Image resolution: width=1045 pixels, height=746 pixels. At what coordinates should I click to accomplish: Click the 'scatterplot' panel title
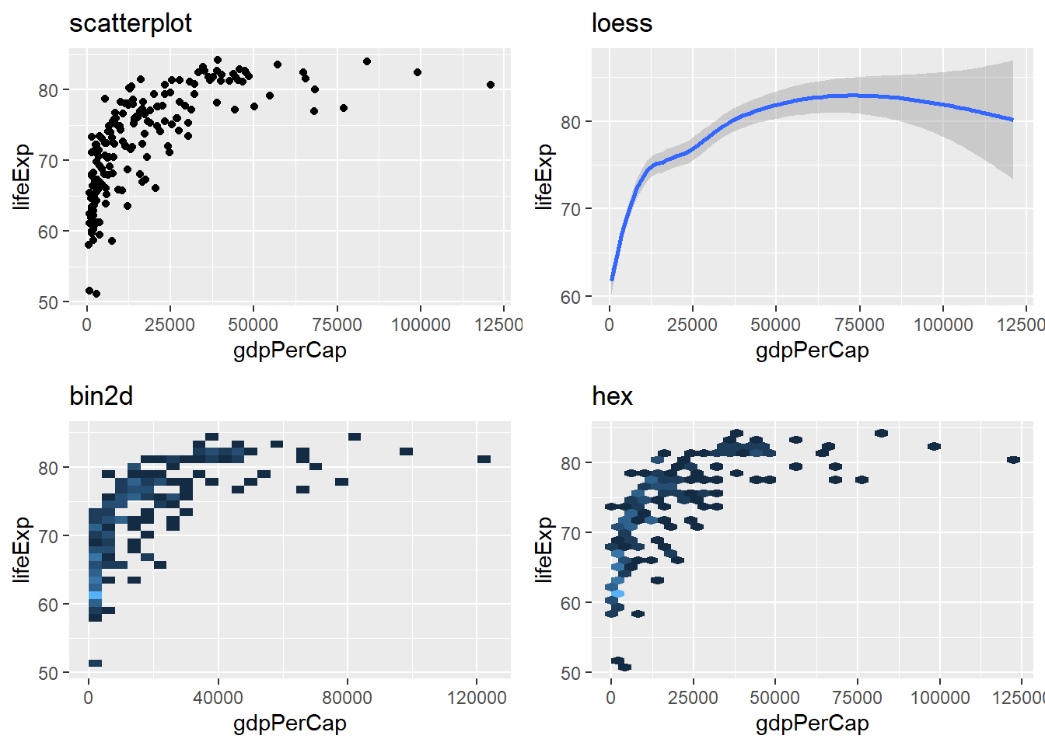click(130, 23)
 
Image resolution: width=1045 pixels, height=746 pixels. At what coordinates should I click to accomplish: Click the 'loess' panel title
click(621, 23)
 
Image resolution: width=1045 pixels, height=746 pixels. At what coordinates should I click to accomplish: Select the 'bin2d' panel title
click(101, 396)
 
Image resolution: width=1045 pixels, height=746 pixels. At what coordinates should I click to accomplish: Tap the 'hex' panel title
click(612, 396)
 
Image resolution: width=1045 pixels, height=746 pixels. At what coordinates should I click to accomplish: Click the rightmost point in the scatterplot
click(491, 85)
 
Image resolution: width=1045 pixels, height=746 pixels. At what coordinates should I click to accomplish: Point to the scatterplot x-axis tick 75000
click(337, 325)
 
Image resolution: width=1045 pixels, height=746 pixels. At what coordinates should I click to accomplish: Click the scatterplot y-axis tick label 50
click(48, 302)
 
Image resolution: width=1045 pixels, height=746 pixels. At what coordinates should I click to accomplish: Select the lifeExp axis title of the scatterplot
click(22, 177)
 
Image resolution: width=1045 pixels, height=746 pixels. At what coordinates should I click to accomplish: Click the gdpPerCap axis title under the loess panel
click(812, 350)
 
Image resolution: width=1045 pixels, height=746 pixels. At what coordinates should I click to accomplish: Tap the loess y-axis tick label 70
click(571, 209)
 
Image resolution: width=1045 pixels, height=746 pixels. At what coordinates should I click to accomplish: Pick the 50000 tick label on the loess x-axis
click(775, 325)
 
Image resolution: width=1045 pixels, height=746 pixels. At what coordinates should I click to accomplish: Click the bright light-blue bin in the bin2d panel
click(95, 595)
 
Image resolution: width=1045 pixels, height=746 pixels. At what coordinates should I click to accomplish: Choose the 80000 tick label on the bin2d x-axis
click(347, 698)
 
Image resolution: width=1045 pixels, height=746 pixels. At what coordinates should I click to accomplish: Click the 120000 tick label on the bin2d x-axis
click(477, 698)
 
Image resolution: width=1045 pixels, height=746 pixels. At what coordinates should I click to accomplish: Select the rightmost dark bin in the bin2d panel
click(484, 459)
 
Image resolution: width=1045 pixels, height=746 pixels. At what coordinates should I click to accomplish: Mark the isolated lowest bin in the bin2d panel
click(95, 663)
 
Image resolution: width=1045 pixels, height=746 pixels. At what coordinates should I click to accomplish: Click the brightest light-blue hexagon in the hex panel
click(618, 594)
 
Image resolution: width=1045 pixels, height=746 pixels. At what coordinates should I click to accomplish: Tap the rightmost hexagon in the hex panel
click(1013, 460)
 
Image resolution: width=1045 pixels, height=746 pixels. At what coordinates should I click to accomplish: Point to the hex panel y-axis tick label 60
click(571, 603)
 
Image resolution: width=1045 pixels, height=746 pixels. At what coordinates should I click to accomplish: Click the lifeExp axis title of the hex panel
click(544, 550)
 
